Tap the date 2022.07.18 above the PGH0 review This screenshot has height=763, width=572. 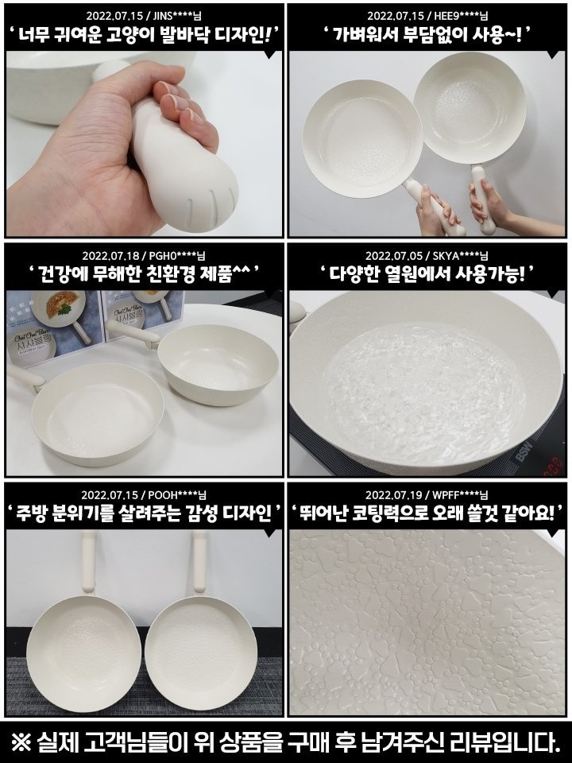pos(110,255)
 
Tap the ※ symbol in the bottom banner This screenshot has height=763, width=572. pos(21,742)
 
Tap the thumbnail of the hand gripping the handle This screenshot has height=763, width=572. pos(144,144)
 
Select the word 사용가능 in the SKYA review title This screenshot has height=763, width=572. pos(489,275)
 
